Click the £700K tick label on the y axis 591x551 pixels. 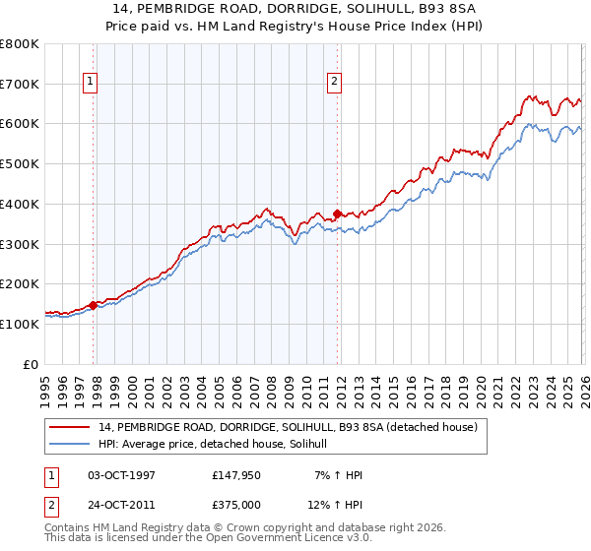(x=20, y=84)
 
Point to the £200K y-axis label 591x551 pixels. (x=20, y=283)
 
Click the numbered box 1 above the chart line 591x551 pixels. (x=91, y=82)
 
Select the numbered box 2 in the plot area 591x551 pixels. (x=334, y=82)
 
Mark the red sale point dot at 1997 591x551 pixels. (x=94, y=305)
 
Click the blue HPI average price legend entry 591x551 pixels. (x=219, y=444)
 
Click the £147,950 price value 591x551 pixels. (x=237, y=475)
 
